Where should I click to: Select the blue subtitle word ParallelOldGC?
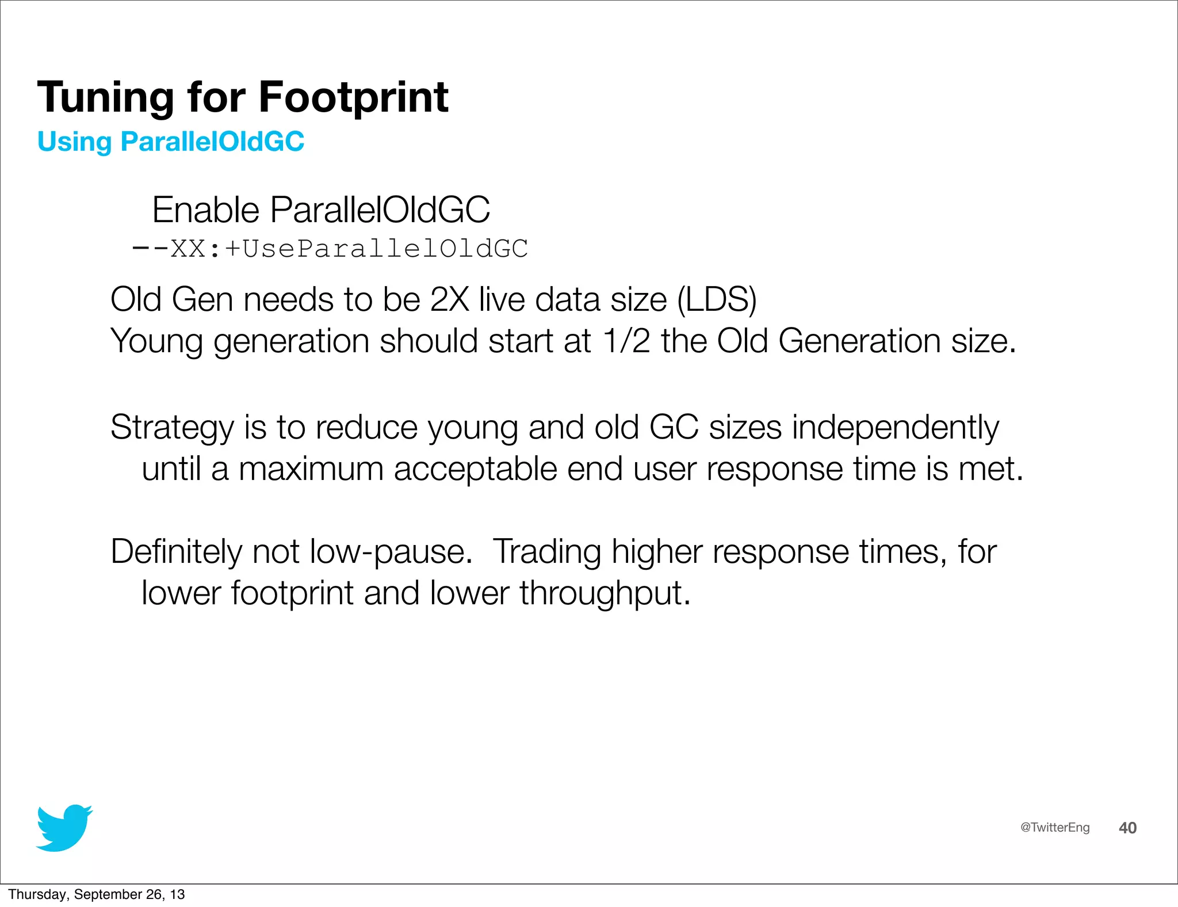click(x=212, y=142)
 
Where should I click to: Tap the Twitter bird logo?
click(x=64, y=828)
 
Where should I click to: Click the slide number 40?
click(x=1127, y=828)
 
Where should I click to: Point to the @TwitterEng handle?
click(x=1054, y=828)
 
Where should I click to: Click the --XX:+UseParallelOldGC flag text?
click(x=330, y=249)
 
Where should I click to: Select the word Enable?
click(x=205, y=209)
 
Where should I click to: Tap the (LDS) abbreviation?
click(x=717, y=299)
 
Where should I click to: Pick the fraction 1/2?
click(x=626, y=341)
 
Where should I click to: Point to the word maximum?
click(x=311, y=469)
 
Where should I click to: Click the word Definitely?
click(x=176, y=552)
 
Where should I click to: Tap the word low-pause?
click(x=391, y=552)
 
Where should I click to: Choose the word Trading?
click(x=546, y=552)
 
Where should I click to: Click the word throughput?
click(x=605, y=593)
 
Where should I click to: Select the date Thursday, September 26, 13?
click(x=96, y=894)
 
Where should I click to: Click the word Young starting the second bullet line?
click(x=156, y=341)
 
